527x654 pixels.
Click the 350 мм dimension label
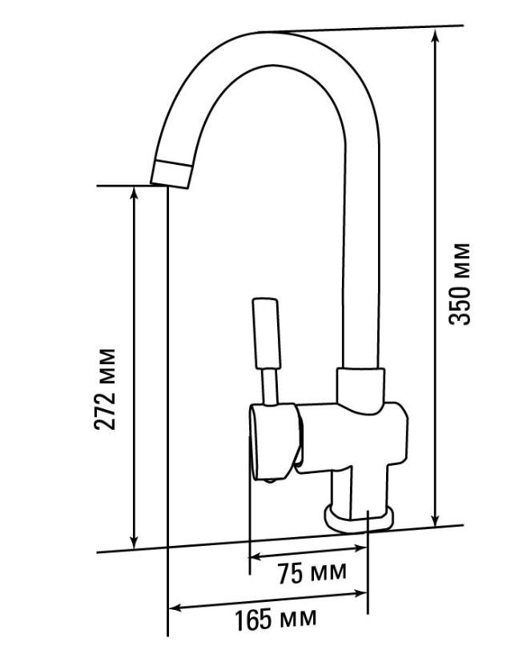tap(460, 284)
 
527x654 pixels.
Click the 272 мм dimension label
tap(104, 389)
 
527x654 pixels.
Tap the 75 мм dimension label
tap(312, 572)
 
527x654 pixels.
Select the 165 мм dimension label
tap(276, 619)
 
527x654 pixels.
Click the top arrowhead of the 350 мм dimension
tap(435, 36)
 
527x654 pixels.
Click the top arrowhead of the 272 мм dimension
tap(134, 194)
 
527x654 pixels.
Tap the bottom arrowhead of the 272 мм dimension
tap(134, 542)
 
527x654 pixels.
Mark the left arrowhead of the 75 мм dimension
tap(256, 556)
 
